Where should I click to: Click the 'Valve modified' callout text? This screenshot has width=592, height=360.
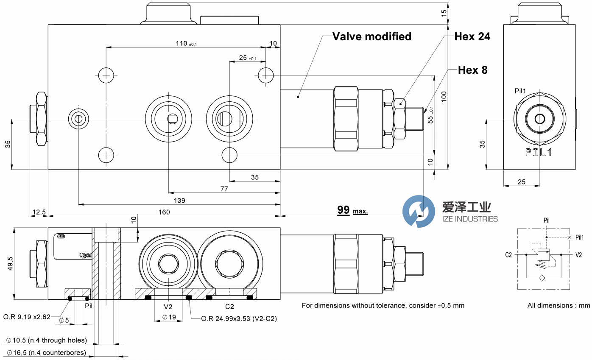point(371,37)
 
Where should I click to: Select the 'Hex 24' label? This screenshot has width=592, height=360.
point(472,37)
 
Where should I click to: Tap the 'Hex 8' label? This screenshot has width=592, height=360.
point(472,70)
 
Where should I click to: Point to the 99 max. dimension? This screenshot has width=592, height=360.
point(352,210)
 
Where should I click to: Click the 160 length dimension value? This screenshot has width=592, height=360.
point(164,212)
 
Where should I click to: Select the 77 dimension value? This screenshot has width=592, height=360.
point(224,189)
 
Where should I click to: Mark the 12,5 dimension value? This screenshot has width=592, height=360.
point(39,212)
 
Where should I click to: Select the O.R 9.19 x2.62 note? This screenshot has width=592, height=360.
point(27,316)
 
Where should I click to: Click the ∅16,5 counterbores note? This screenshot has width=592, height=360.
point(47,352)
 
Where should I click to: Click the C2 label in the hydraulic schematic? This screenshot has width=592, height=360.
point(509,255)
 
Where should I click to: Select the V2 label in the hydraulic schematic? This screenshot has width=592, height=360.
point(578,255)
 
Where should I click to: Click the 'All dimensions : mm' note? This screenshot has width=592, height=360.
point(558,305)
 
